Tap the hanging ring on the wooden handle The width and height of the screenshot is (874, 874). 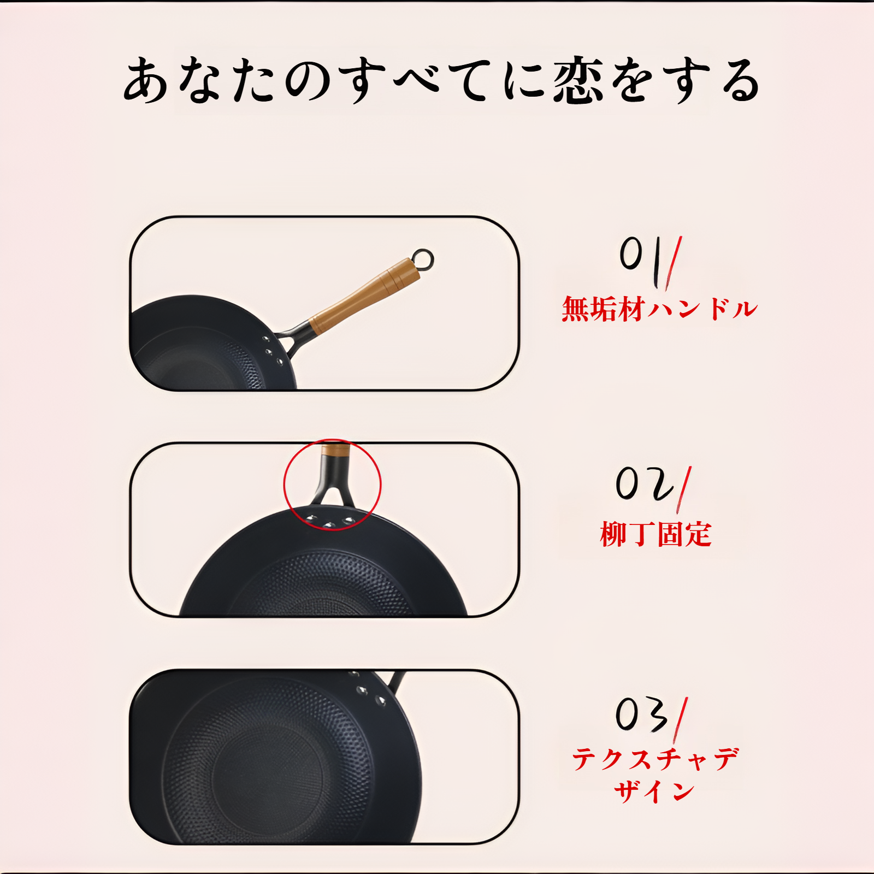click(x=423, y=259)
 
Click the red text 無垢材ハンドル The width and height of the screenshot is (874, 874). click(x=659, y=309)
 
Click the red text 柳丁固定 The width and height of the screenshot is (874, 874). click(x=655, y=534)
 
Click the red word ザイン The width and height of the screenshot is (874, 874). click(x=654, y=791)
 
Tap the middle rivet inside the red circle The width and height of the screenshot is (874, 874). click(x=329, y=525)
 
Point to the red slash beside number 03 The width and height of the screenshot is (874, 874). click(x=681, y=720)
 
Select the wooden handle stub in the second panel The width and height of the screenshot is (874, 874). click(x=335, y=450)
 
